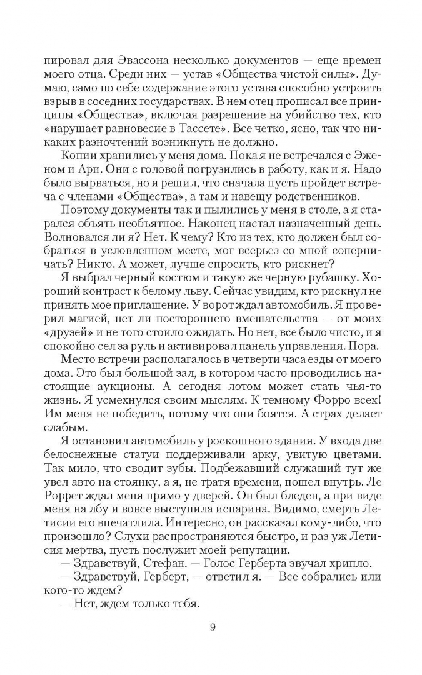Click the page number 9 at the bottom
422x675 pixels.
[x=212, y=628]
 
